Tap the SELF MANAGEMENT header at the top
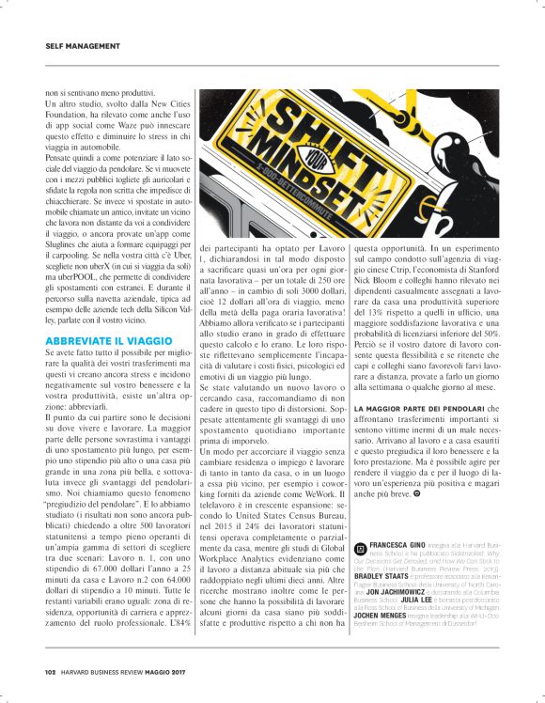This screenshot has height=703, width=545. tap(83, 45)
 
